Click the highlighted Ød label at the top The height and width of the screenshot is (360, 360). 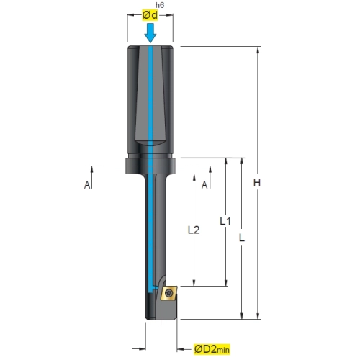[x=150, y=15]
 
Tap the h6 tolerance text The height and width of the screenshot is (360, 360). [x=160, y=5]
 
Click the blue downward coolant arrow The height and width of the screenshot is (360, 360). [x=150, y=33]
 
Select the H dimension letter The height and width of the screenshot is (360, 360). [x=257, y=183]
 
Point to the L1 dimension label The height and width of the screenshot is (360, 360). [x=225, y=221]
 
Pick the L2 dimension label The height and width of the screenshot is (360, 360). [x=194, y=230]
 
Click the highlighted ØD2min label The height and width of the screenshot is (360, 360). [x=212, y=349]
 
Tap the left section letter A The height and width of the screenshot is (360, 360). [x=87, y=185]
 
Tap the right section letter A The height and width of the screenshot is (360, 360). [x=204, y=185]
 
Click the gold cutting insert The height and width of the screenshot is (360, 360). [x=169, y=293]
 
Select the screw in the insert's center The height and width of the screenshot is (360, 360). [x=168, y=292]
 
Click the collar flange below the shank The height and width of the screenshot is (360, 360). [x=150, y=166]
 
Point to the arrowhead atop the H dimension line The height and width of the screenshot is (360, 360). [x=258, y=50]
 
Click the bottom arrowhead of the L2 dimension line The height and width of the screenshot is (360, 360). [x=194, y=282]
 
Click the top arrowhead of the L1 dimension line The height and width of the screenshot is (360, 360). [x=225, y=162]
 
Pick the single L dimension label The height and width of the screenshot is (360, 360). [x=242, y=238]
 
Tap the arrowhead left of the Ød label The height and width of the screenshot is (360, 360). [x=131, y=15]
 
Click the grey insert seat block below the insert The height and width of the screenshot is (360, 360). [x=168, y=309]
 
